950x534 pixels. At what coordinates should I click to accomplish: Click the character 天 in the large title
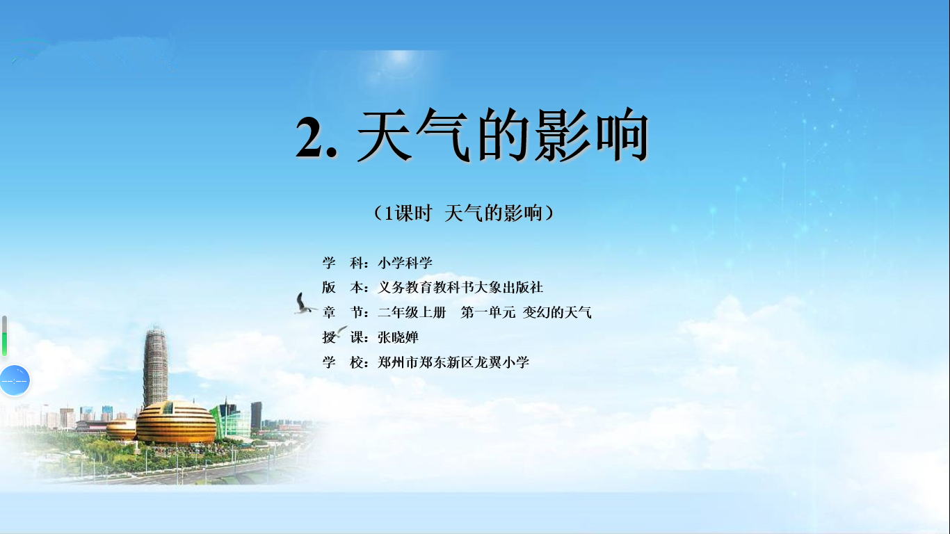point(384,135)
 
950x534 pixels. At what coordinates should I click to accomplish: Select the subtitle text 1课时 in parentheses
point(408,213)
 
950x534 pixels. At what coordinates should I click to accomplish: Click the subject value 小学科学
point(405,263)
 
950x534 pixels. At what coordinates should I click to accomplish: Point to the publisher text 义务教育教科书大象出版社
point(460,288)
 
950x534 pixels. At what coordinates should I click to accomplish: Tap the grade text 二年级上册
point(412,313)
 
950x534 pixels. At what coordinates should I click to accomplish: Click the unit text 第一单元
point(488,313)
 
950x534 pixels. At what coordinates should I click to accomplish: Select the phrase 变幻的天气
point(557,313)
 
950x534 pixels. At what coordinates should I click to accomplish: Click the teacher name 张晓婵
point(398,338)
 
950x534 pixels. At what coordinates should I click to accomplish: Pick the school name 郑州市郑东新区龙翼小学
point(453,363)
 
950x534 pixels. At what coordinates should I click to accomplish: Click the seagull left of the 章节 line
point(304,304)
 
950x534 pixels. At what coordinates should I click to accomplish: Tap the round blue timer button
point(15,380)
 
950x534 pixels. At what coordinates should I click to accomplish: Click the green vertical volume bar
point(5,343)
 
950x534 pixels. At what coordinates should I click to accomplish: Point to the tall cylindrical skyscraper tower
point(155,366)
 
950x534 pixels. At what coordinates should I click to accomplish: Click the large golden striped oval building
point(176,422)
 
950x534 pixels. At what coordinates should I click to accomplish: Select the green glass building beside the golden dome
point(231,421)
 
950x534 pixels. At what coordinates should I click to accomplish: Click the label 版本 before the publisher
point(343,288)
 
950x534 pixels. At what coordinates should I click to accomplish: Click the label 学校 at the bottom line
point(343,363)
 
